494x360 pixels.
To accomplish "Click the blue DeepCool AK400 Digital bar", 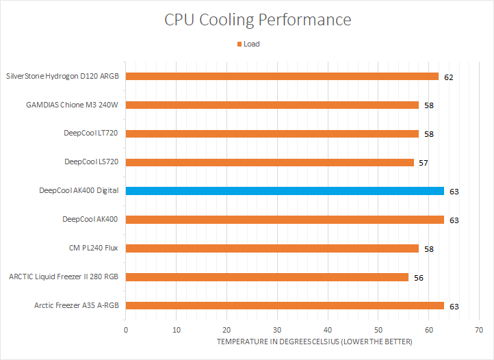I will (285, 191).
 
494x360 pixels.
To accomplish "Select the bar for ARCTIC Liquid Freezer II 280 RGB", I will (267, 277).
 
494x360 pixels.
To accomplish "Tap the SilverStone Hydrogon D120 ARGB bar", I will (282, 77).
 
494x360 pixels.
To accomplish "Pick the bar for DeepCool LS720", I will (270, 162).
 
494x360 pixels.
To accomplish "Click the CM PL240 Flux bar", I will (272, 248).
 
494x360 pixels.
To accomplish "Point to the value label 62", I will (448, 77).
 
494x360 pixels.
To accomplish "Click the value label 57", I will (424, 163).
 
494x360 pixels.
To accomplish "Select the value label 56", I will (419, 278).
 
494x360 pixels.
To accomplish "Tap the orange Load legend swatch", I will (239, 44).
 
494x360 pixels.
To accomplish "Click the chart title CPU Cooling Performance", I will (258, 20).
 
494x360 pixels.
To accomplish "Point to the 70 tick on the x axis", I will (478, 330).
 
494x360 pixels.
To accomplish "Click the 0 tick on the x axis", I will (126, 330).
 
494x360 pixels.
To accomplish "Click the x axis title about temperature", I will (315, 342).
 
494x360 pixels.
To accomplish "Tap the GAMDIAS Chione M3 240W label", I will (73, 105).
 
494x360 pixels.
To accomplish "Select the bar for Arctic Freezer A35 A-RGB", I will (285, 306).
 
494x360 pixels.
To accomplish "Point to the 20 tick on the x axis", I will (226, 330).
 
